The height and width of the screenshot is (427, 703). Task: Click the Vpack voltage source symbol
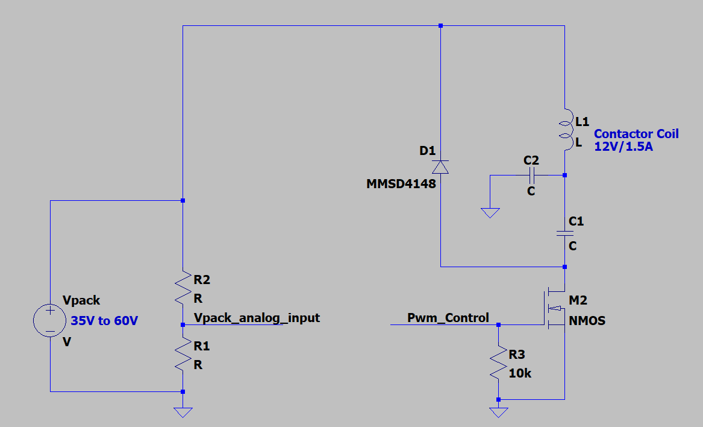click(50, 320)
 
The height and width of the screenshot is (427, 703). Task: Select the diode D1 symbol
click(441, 166)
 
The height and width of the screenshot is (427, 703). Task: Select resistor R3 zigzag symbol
click(499, 362)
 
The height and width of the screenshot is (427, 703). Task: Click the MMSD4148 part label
click(401, 184)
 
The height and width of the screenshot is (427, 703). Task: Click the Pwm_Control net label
click(448, 318)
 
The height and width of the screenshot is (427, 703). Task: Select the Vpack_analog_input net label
click(257, 318)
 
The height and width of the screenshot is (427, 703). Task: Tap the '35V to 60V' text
click(108, 321)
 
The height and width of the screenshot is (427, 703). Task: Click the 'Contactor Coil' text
click(636, 134)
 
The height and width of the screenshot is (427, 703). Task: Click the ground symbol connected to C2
click(490, 212)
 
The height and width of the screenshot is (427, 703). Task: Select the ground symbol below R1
click(183, 413)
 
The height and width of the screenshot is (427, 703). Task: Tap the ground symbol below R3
click(499, 413)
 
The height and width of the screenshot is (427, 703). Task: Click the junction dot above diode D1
click(441, 26)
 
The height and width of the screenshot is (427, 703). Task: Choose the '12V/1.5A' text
click(623, 147)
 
